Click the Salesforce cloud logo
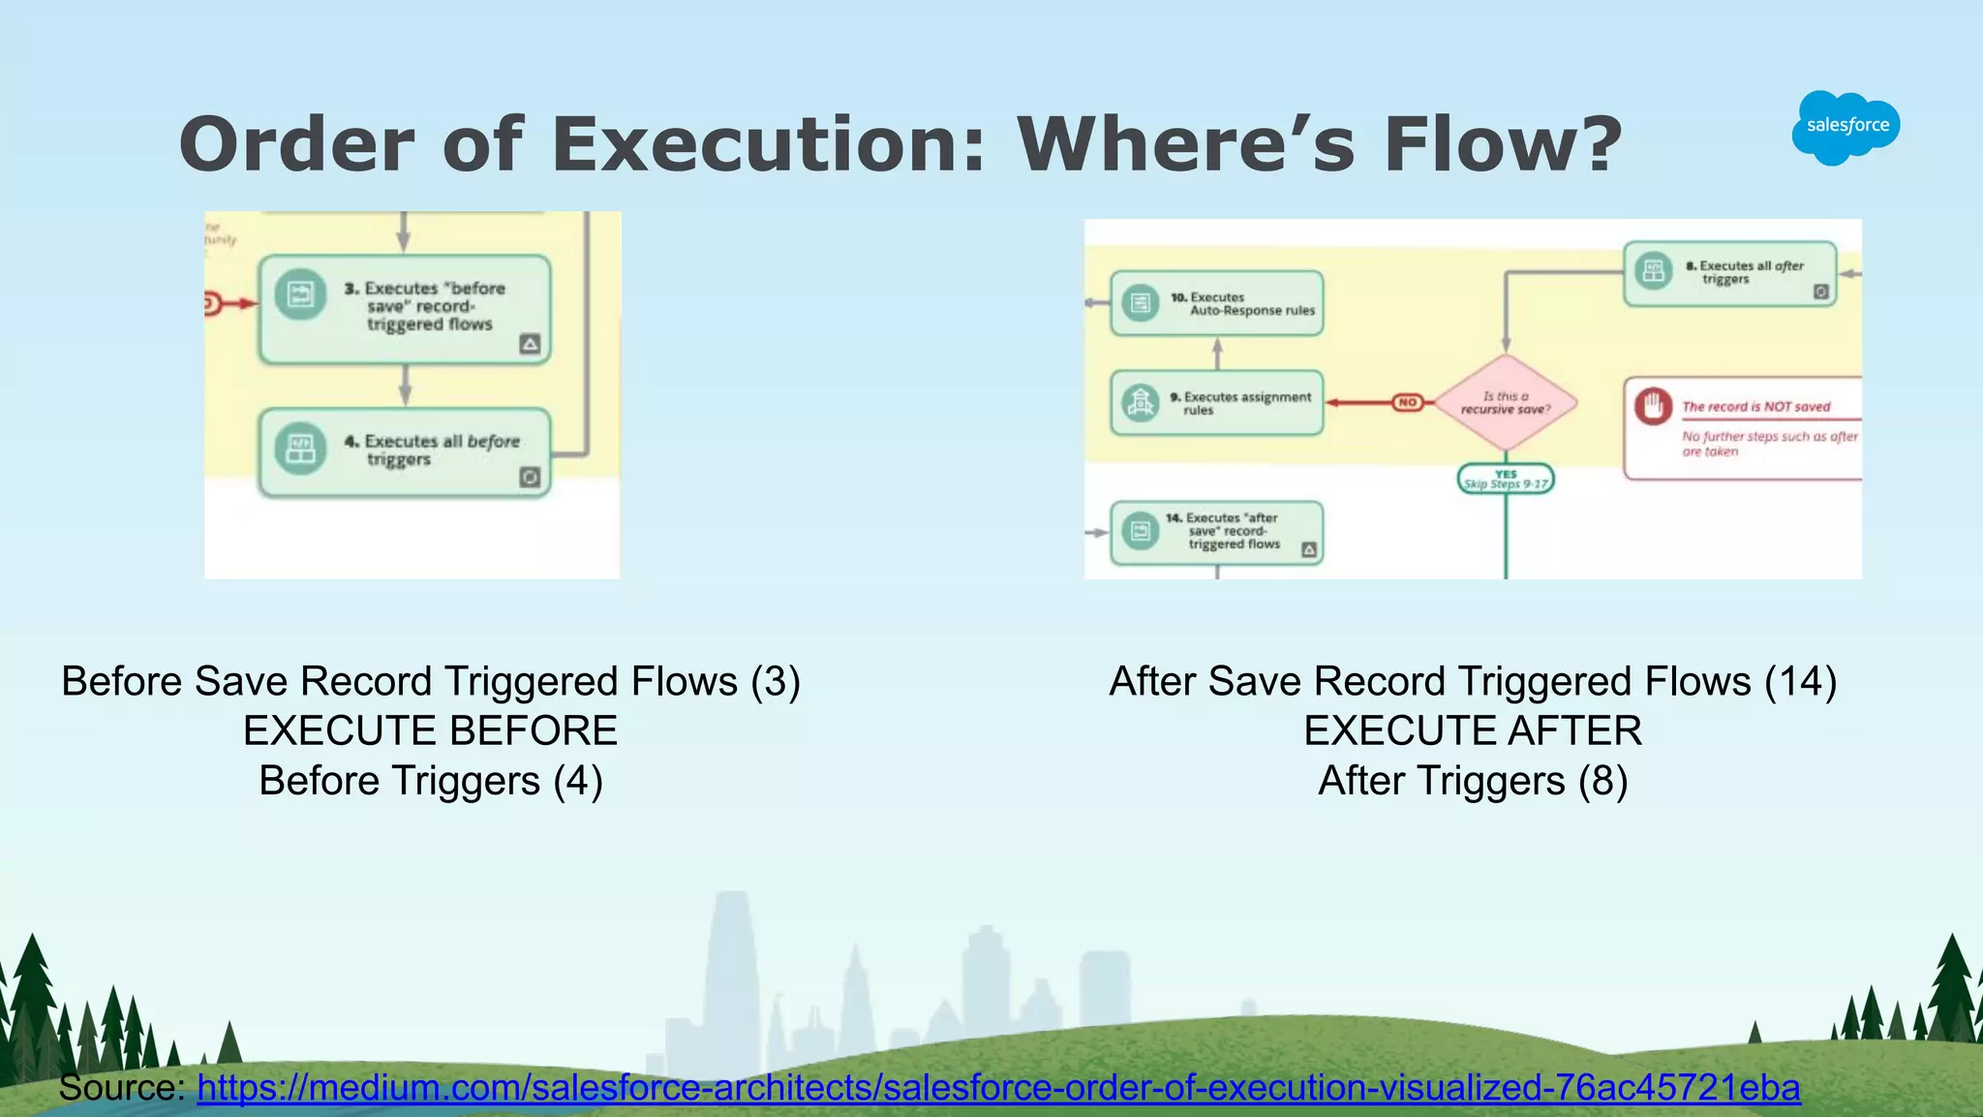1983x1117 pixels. point(1846,126)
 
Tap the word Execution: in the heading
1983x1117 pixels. point(768,145)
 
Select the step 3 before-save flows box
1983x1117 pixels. point(405,309)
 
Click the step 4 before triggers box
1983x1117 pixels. point(405,451)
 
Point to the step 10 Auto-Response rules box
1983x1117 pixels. point(1217,303)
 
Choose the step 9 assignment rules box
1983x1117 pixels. point(1217,403)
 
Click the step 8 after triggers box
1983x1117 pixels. point(1729,273)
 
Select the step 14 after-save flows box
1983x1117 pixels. point(1217,532)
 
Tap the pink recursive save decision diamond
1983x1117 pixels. point(1506,403)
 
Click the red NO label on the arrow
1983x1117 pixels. point(1408,402)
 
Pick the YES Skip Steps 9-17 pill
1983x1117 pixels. point(1506,479)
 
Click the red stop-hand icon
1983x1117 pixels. point(1654,405)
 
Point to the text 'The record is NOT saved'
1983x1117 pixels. point(1755,407)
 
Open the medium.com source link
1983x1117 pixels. point(998,1088)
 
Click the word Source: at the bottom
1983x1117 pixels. point(121,1088)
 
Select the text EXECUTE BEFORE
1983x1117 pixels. point(430,730)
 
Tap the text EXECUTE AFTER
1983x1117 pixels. point(1473,730)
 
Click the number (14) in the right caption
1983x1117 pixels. point(1800,681)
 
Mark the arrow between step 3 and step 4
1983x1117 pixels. point(405,386)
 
